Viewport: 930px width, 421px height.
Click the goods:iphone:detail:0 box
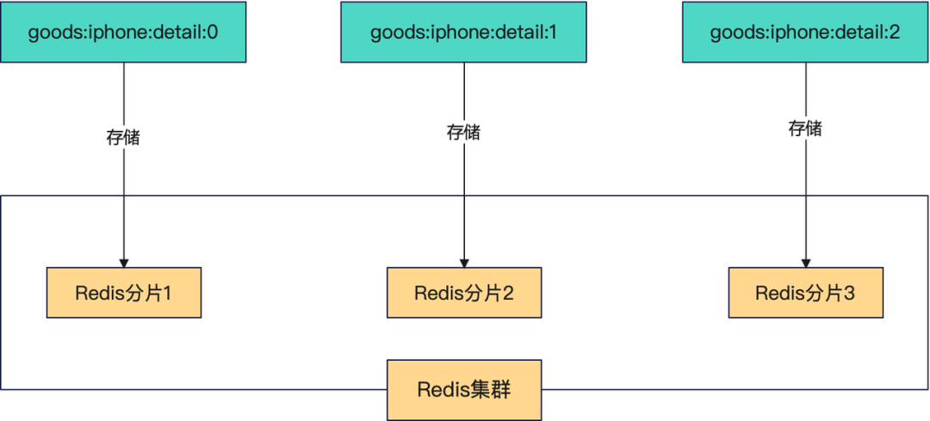123,32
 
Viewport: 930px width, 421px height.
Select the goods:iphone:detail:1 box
464,32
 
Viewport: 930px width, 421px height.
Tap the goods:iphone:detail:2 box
805,32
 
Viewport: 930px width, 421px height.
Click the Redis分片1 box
124,293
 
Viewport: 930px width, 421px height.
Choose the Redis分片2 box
464,293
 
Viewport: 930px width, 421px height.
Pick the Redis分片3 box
805,293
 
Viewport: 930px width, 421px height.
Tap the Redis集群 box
464,389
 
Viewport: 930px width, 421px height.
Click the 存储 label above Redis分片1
123,138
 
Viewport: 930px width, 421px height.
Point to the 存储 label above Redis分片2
464,133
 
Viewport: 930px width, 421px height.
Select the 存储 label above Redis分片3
805,128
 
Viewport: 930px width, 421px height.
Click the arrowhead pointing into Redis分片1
124,263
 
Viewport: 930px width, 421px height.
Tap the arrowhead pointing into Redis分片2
464,263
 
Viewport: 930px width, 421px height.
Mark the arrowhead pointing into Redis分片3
805,263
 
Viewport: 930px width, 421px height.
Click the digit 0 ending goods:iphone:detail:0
212,32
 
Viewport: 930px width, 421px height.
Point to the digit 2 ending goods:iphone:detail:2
894,32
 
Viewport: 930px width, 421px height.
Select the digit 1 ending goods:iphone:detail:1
552,32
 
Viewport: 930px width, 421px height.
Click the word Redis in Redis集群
438,390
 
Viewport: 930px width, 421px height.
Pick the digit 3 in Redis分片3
849,293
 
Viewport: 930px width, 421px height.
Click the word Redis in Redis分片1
96,293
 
